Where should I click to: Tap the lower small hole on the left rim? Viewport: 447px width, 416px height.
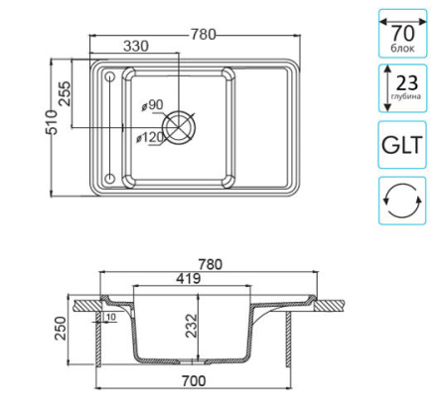pyautogui.click(x=109, y=179)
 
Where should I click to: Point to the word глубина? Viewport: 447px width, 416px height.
pyautogui.click(x=409, y=98)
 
